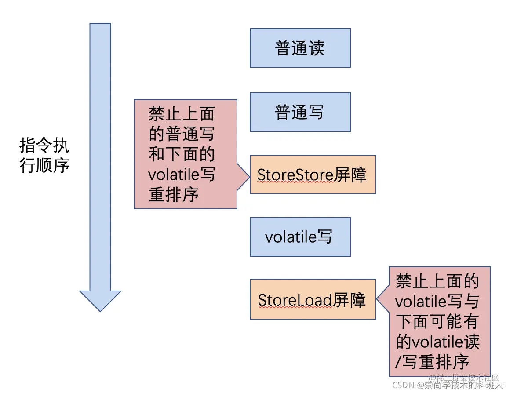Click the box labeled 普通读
tap(300, 48)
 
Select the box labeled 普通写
tap(300, 112)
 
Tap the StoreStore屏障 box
tap(313, 175)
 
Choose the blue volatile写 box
tap(300, 237)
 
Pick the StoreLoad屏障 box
tap(313, 299)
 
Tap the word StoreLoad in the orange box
tap(295, 300)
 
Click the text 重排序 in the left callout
tap(174, 195)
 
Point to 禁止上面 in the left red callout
tap(181, 114)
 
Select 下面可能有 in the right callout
tap(437, 322)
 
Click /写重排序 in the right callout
tap(433, 362)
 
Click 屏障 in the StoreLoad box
tap(349, 300)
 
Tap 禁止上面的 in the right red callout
tap(437, 281)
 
